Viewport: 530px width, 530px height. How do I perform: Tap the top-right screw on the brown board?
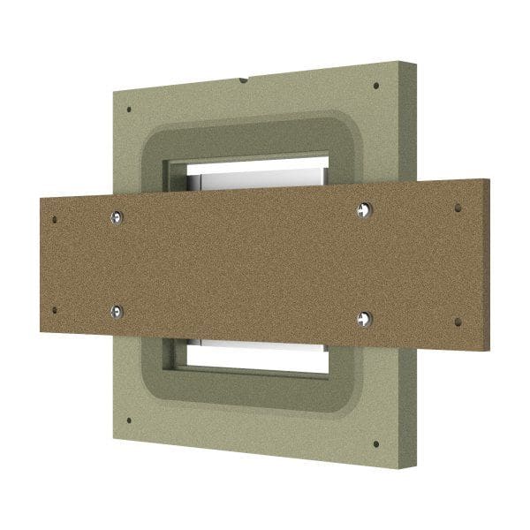point(365,208)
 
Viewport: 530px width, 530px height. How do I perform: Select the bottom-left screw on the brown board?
point(117,310)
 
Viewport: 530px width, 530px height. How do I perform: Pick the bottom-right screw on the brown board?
point(363,317)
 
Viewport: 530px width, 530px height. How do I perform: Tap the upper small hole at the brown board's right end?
point(457,208)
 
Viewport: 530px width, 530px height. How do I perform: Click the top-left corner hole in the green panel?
point(130,110)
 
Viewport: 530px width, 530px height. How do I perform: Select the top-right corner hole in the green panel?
point(376,87)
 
